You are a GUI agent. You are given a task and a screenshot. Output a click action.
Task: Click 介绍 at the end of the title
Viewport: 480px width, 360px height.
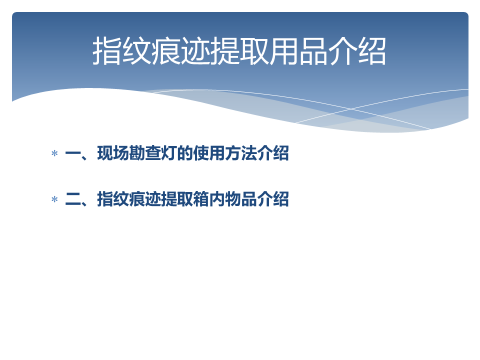(x=356, y=51)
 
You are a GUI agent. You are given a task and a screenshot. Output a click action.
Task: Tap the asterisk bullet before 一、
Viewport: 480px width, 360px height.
(x=55, y=153)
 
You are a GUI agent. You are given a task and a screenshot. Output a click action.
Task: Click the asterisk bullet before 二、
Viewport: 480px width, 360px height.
(x=55, y=199)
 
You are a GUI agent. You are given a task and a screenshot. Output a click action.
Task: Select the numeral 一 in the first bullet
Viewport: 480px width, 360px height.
(x=73, y=153)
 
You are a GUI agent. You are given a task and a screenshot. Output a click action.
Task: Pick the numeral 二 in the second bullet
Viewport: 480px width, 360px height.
(x=73, y=199)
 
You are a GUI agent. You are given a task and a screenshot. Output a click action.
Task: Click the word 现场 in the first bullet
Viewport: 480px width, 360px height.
(x=113, y=153)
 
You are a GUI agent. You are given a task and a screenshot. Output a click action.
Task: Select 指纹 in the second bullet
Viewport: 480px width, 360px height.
(x=113, y=199)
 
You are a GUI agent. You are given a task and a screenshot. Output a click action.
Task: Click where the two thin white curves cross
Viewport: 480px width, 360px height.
(x=351, y=108)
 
